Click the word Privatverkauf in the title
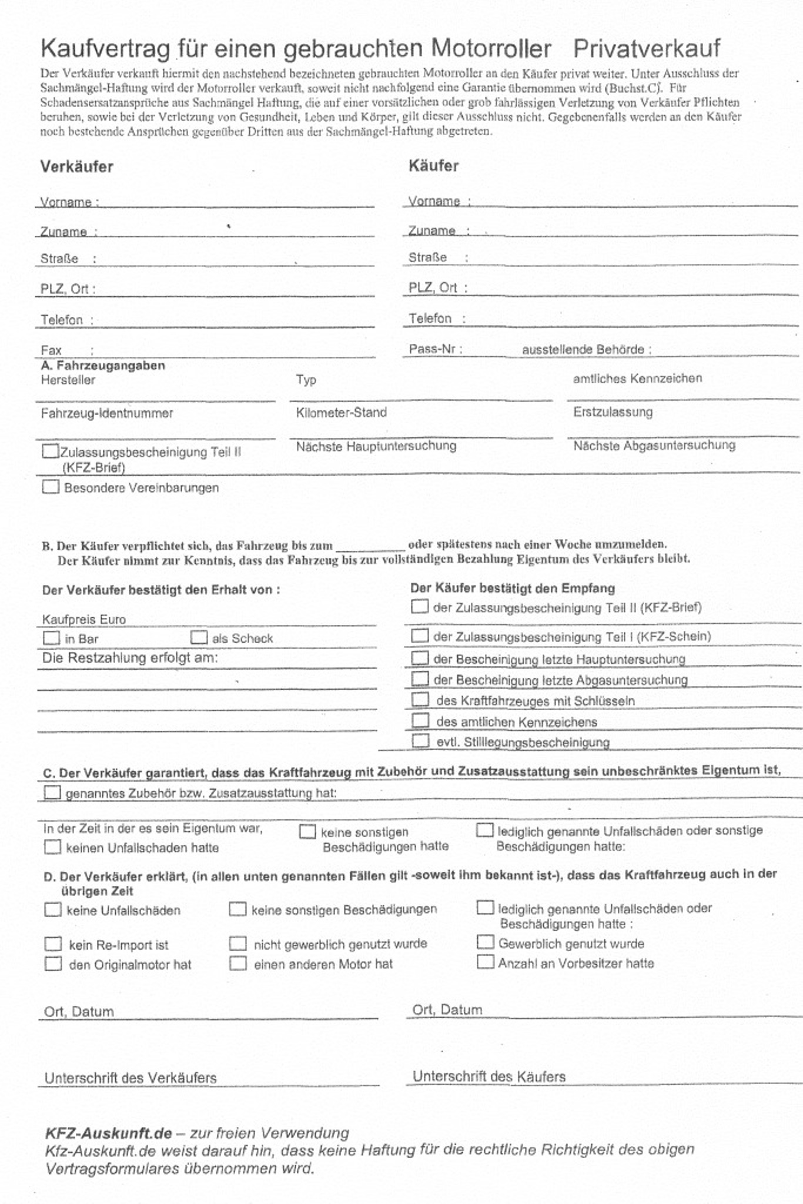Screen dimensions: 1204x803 coord(647,49)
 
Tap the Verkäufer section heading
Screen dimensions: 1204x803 coord(76,166)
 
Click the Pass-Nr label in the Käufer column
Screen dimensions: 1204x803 coord(435,349)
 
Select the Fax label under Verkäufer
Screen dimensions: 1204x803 coord(51,350)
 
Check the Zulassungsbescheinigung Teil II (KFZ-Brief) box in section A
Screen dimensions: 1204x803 coord(51,451)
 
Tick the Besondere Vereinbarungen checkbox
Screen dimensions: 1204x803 coord(51,487)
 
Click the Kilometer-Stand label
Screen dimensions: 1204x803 coord(341,413)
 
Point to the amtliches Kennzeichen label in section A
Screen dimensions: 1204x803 coord(637,379)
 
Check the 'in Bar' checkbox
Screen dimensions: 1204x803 coord(52,638)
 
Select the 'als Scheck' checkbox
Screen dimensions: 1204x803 coord(199,637)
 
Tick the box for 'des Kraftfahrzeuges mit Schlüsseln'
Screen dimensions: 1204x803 coord(420,700)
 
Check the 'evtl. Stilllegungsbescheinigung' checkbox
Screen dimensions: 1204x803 coord(420,741)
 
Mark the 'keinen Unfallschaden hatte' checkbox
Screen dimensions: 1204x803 coord(53,847)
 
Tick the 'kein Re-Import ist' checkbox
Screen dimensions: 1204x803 coord(53,944)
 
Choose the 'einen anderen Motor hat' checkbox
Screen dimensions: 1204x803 coord(237,964)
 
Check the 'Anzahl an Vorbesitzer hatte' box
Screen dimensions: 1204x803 coord(485,962)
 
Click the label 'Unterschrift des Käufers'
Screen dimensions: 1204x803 coord(489,1076)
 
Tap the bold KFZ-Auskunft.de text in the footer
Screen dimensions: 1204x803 coord(109,1133)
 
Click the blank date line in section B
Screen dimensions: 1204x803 coord(370,547)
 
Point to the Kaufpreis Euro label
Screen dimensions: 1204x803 coord(83,619)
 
